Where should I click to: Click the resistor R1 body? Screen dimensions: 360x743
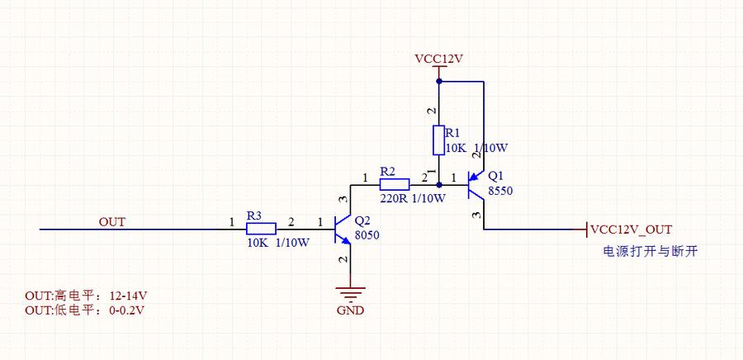439,140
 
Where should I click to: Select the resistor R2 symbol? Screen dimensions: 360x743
394,184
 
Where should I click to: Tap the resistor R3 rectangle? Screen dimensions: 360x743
260,229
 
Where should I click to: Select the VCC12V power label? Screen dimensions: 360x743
438,59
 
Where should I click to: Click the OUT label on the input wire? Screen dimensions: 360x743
111,222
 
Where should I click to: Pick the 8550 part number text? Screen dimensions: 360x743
500,190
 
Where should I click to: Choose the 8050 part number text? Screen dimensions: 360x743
367,235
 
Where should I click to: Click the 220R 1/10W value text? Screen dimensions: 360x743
413,198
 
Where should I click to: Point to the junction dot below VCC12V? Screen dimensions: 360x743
439,81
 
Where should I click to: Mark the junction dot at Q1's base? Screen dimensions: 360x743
439,185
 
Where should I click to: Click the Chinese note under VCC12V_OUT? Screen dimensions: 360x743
650,251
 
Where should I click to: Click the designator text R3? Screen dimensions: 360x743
254,216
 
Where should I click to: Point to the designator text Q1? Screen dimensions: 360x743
495,176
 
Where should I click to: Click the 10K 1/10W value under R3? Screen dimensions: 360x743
278,243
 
